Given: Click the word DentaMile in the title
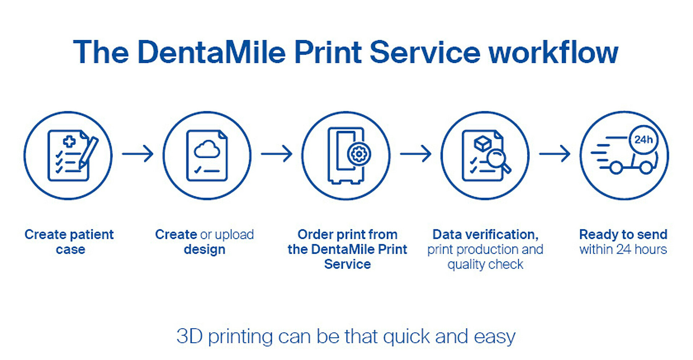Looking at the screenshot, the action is pos(212,52).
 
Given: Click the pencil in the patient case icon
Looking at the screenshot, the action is pos(88,152).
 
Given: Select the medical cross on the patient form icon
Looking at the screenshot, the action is pos(69,141).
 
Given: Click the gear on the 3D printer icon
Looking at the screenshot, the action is pos(359,154).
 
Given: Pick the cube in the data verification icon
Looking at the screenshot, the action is pos(483,143).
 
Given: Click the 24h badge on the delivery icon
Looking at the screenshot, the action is pos(644,140).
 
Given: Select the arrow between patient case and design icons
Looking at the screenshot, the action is pos(138,154).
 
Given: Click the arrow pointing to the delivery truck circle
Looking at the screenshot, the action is pos(555,154).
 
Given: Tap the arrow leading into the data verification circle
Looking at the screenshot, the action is pos(416,154).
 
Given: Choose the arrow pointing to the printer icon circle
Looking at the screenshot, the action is pos(277,154).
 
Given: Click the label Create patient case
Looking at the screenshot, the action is pos(69,242).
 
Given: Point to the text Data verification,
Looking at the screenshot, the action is pos(485,234).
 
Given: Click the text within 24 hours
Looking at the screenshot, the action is pos(623,249).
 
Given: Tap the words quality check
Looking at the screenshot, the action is pos(485,265).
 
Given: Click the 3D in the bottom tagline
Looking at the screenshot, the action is pos(189,336).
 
